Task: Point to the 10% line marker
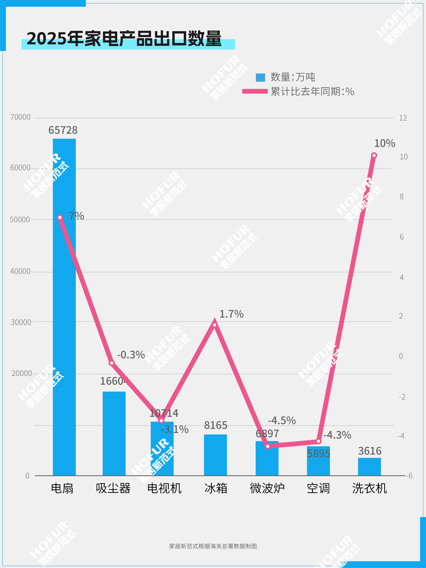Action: pyautogui.click(x=374, y=155)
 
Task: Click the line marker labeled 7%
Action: pyautogui.click(x=60, y=218)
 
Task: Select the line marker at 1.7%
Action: pyautogui.click(x=215, y=325)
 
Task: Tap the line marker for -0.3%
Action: pyautogui.click(x=112, y=363)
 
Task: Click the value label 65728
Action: pyautogui.click(x=63, y=130)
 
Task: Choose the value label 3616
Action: pyautogui.click(x=370, y=451)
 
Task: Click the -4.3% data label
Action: pyautogui.click(x=337, y=435)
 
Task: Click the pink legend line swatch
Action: pyautogui.click(x=255, y=91)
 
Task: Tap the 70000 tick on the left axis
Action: pyautogui.click(x=20, y=117)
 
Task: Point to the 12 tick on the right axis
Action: pyautogui.click(x=403, y=118)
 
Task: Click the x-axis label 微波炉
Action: pyautogui.click(x=267, y=488)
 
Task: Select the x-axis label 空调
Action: pyautogui.click(x=318, y=488)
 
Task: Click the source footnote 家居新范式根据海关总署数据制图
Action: pyautogui.click(x=213, y=546)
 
